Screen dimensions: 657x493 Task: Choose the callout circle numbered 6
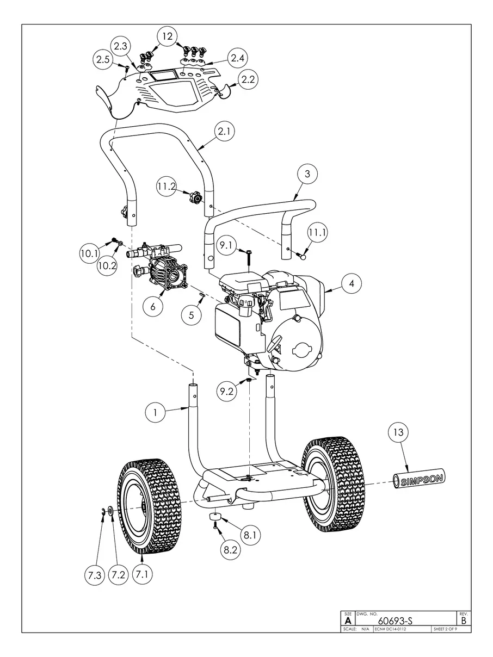click(x=153, y=306)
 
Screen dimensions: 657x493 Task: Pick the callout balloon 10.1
click(x=90, y=253)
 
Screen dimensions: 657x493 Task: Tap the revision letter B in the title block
click(x=464, y=620)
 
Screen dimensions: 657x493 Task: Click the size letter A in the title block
click(x=348, y=620)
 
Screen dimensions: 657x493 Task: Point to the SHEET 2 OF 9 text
click(x=445, y=629)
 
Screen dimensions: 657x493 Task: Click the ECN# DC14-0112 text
click(x=391, y=629)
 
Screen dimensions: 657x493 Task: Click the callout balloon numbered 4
click(x=352, y=284)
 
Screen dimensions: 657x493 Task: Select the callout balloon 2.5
click(x=104, y=60)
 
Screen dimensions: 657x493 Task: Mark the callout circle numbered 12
click(x=168, y=36)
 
